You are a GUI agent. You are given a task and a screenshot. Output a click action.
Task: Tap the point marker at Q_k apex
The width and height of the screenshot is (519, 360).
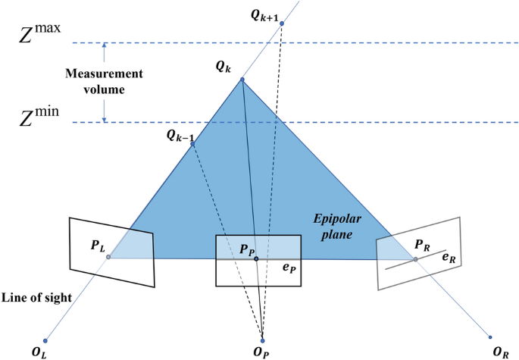[242, 80]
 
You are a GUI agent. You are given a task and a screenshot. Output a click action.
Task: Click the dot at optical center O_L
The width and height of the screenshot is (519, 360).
[46, 340]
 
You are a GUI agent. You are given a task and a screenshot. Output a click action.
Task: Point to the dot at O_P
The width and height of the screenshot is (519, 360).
[262, 340]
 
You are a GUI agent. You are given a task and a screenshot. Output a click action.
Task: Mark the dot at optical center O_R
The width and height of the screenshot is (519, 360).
[490, 337]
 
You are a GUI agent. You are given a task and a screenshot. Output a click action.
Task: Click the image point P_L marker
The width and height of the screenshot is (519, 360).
[108, 257]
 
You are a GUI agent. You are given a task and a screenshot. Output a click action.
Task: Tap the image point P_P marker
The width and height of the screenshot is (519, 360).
[256, 259]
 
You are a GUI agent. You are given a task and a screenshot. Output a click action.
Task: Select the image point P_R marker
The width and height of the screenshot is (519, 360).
[415, 259]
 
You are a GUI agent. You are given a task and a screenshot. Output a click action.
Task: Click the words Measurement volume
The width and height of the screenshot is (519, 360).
[103, 82]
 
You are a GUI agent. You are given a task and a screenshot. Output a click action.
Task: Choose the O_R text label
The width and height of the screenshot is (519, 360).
[500, 352]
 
